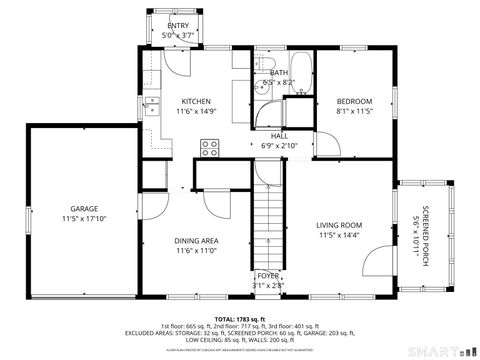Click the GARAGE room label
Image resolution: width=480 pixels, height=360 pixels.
coord(70,209)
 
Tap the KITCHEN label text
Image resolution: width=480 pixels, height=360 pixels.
coord(196,101)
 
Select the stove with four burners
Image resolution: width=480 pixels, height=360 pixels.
coord(210,148)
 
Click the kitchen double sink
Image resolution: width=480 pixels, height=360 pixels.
coord(152,106)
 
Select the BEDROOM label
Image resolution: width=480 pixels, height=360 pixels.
coord(354,101)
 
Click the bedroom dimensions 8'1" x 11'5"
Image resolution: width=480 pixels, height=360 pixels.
coord(354,112)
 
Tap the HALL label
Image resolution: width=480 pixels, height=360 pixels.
coord(280,135)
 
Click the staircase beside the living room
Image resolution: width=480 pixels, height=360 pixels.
coord(267,226)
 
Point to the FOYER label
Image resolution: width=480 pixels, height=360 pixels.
coord(268,275)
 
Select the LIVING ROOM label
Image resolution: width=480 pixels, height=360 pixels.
coord(340,225)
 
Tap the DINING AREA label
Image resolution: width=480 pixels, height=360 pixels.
coord(197,241)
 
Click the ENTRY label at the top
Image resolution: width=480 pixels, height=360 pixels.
coord(178,25)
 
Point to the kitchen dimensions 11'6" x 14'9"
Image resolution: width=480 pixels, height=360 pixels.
coord(196,112)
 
